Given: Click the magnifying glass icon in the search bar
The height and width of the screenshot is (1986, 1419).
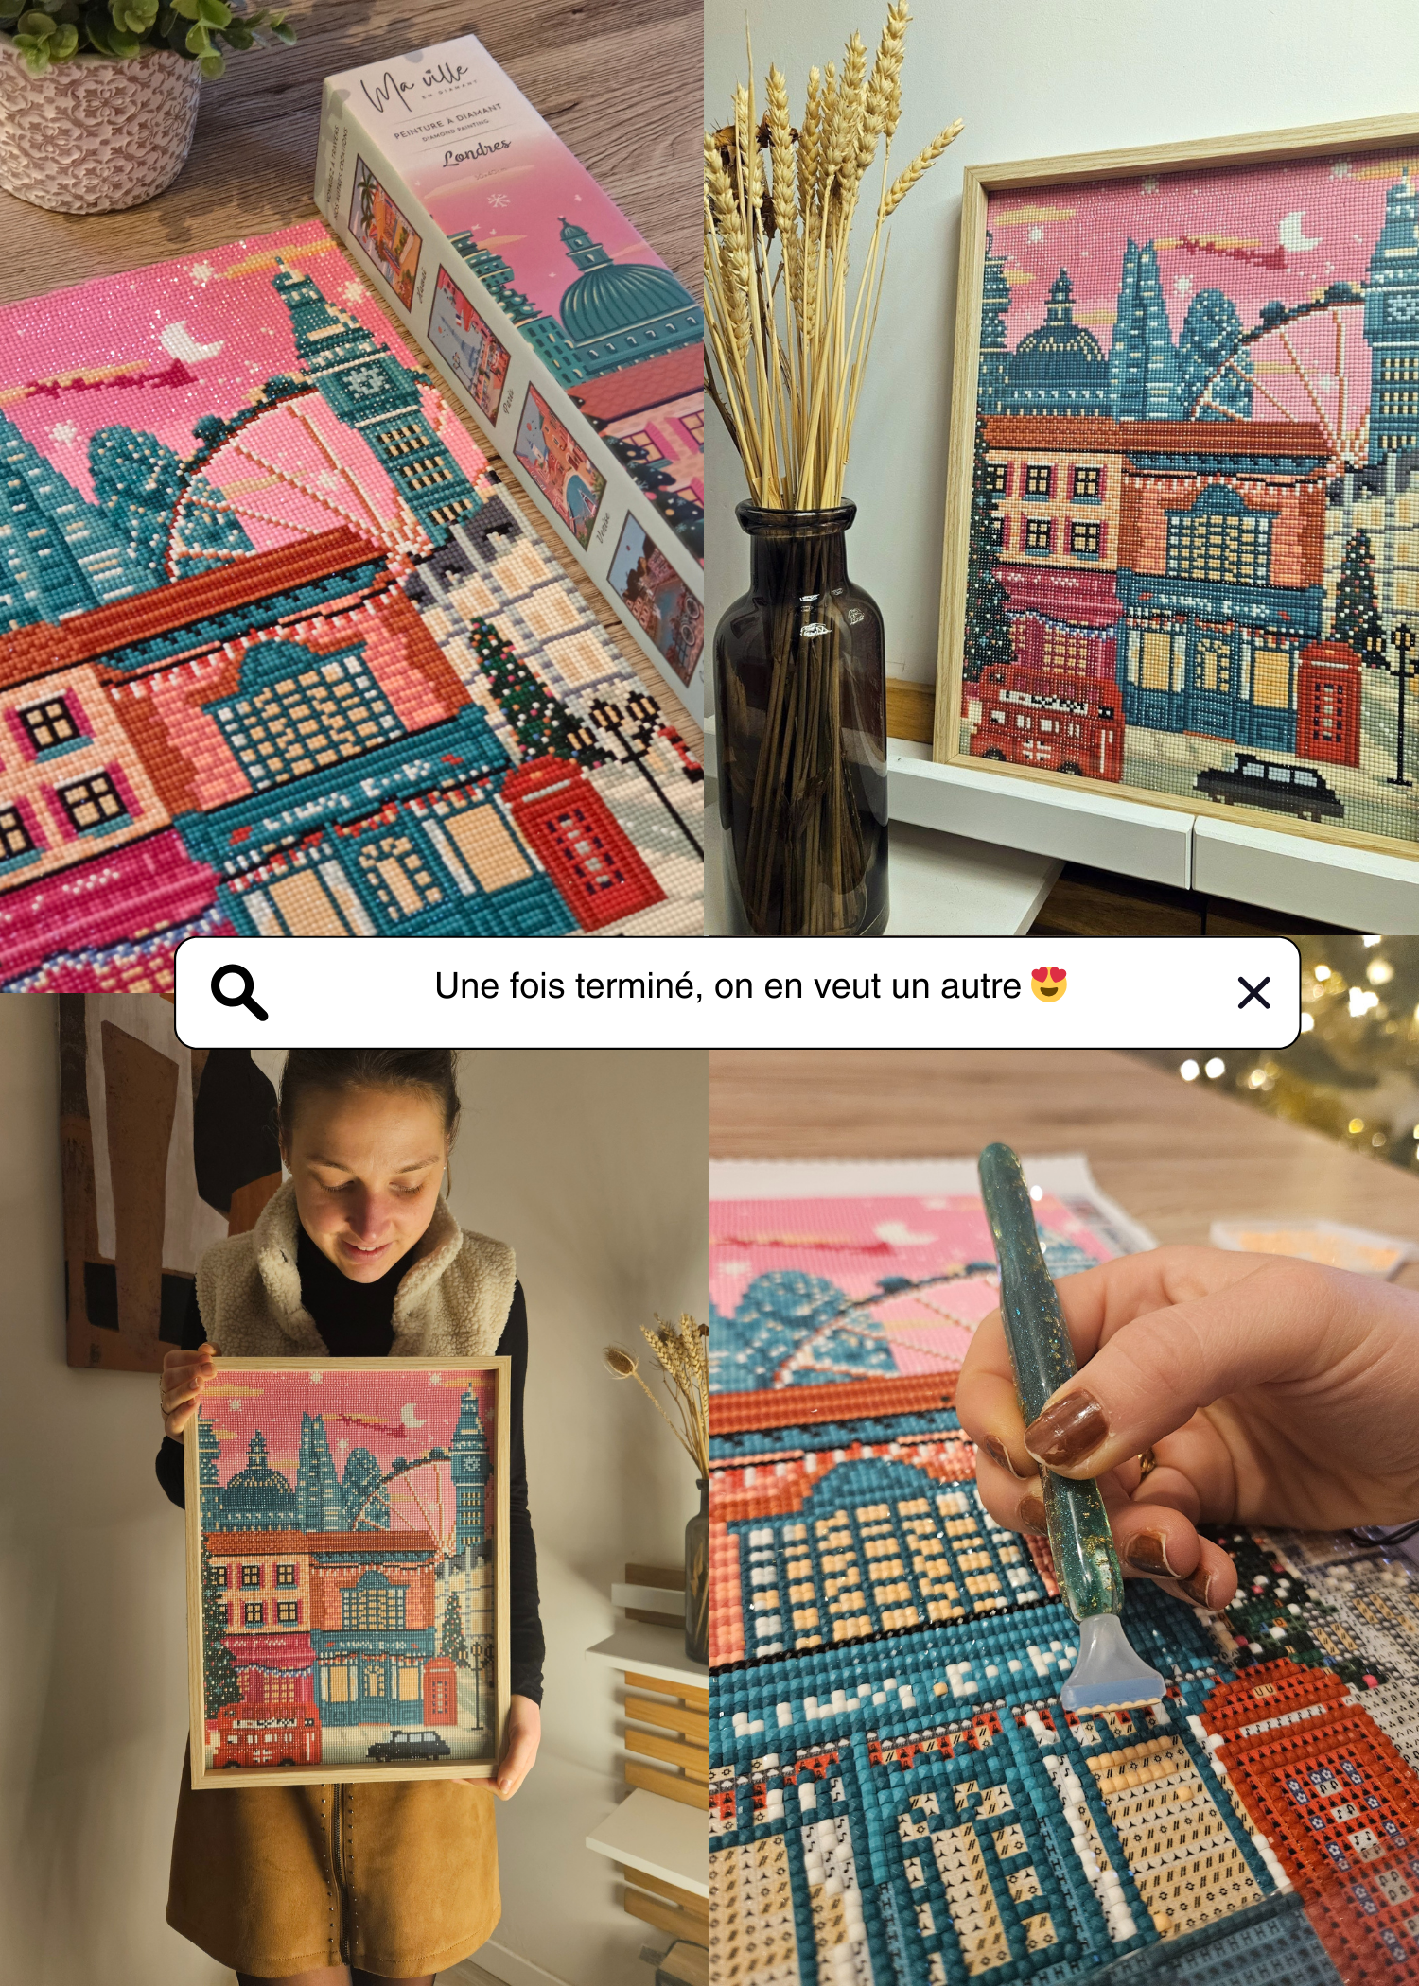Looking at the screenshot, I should tap(238, 992).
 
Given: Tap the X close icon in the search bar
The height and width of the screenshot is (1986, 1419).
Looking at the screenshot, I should tap(1253, 993).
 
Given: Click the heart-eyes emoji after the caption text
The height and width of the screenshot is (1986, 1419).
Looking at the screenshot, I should tap(1049, 984).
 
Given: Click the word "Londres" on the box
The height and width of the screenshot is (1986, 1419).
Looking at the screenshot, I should tap(476, 152).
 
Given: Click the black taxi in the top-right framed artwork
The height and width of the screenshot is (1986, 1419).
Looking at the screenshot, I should tap(1268, 784).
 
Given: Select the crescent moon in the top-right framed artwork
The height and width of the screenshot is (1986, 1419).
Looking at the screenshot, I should tap(1297, 231).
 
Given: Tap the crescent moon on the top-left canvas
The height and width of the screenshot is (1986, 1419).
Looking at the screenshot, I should tap(189, 340).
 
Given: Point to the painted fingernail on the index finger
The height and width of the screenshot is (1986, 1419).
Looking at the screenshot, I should tap(1064, 1423).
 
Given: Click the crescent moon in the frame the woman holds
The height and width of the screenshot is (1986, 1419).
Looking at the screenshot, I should tap(413, 1415).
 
